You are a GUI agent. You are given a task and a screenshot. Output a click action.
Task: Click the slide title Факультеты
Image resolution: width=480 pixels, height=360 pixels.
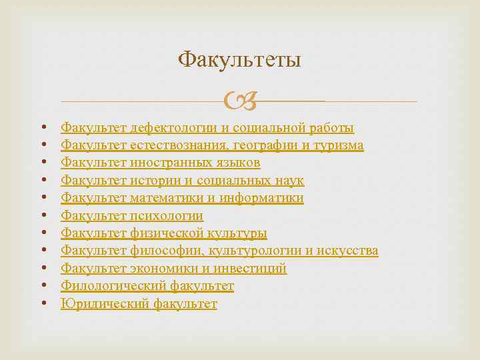coord(240,61)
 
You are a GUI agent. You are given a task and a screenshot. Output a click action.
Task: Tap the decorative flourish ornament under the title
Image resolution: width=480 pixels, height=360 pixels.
coord(239,102)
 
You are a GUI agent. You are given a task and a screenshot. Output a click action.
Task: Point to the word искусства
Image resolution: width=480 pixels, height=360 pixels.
coord(348,251)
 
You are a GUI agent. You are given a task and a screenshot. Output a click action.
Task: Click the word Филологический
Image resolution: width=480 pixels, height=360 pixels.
coord(105,287)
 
